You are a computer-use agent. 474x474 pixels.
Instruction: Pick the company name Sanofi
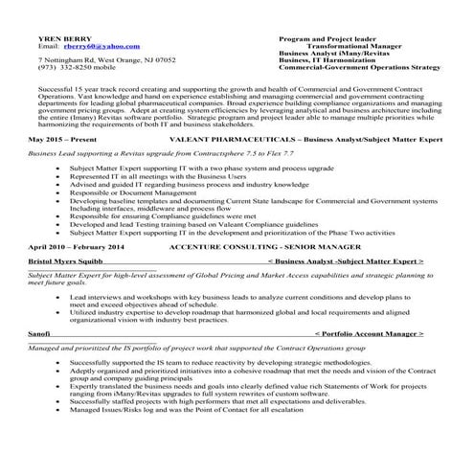pyautogui.click(x=40, y=333)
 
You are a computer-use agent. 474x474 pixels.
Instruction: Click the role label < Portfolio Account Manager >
pyautogui.click(x=369, y=333)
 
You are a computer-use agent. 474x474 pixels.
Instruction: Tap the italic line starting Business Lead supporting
pyautogui.click(x=153, y=152)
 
